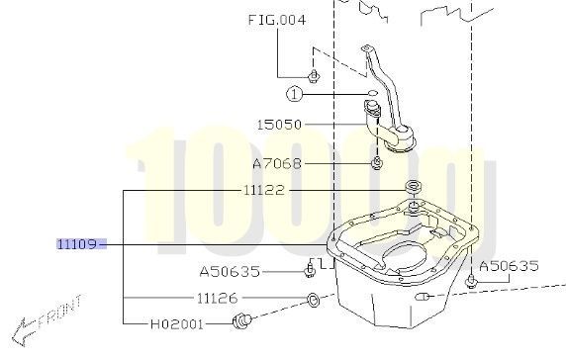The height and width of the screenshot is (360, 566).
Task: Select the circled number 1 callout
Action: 295,94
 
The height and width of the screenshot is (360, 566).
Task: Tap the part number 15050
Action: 279,126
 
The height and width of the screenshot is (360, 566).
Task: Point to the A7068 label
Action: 277,164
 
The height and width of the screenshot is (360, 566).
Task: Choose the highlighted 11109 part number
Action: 80,243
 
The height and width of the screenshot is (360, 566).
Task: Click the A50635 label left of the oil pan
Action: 229,269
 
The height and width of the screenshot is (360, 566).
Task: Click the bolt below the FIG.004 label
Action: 313,75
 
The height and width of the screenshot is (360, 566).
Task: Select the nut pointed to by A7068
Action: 377,162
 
